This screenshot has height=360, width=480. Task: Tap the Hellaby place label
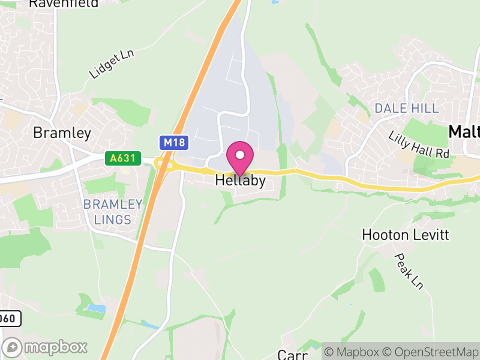240,180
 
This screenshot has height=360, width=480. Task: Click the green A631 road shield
123,158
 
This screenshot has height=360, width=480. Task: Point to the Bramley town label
62,133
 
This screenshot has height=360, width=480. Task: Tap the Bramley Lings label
113,212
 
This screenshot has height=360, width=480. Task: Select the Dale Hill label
406,108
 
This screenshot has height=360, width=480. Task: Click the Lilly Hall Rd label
419,145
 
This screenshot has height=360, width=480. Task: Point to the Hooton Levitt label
406,235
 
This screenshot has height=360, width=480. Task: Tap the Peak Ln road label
409,271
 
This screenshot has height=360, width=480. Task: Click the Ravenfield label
63,4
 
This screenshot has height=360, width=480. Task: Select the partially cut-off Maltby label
464,131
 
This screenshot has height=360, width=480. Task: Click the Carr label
293,355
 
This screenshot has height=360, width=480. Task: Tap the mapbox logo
46,347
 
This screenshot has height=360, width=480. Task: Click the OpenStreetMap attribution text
431,352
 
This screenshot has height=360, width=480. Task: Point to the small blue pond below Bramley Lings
96,308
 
